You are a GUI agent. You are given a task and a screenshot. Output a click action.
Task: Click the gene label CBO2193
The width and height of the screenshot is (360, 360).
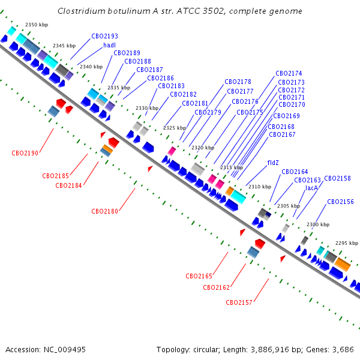pos(104,36)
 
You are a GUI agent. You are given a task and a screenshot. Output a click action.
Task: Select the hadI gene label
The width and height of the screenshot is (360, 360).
pos(109,45)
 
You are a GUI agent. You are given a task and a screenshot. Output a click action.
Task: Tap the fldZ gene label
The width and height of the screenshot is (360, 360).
pos(273,163)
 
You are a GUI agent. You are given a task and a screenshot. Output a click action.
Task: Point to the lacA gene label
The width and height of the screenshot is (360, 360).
pos(311,188)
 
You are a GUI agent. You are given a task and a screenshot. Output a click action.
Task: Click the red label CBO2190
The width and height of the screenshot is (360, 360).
pos(25,153)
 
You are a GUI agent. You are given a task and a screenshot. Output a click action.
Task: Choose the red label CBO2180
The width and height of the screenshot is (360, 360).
pos(104,211)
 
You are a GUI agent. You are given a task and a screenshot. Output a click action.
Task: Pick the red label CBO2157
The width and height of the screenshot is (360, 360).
pos(239,302)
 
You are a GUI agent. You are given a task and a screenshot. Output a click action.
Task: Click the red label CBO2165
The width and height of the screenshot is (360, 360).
pos(199,276)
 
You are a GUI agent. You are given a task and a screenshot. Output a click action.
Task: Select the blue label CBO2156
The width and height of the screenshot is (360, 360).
pos(340,202)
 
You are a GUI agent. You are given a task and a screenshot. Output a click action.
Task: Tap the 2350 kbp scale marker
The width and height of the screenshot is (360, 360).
pos(37,25)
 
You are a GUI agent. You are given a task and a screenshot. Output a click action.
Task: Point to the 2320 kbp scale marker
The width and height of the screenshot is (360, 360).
pos(203,148)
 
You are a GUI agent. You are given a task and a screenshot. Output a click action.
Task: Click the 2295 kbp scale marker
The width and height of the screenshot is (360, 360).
pos(347,243)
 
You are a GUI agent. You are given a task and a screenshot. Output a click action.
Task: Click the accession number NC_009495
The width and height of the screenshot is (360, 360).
pos(65,350)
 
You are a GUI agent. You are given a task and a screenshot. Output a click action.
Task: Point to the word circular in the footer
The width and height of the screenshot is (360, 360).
pos(206,350)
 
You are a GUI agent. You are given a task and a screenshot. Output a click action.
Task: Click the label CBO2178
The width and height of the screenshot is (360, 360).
pos(238,82)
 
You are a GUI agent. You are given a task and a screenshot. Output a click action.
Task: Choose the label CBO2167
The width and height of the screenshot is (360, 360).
pos(282,134)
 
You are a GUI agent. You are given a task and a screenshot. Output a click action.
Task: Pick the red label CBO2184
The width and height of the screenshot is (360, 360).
pos(68,185)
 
